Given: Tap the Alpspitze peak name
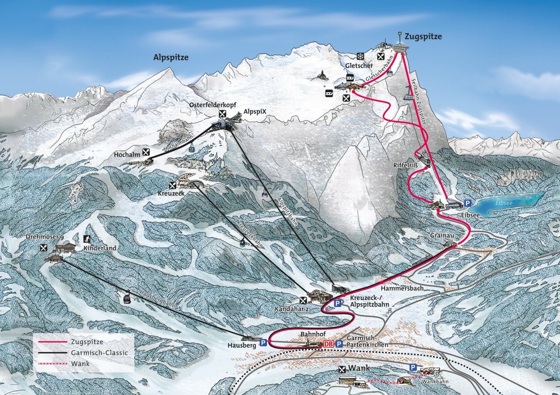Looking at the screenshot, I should pos(171,57).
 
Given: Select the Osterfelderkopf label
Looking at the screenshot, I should pos(210,105).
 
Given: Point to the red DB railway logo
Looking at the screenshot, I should pos(328,344).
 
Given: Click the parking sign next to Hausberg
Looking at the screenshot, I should pos(263,343).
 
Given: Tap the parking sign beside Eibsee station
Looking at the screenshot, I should pos(468,203).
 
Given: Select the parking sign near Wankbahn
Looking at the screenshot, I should pos(412,367).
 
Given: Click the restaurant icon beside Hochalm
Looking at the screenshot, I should pos(147,152).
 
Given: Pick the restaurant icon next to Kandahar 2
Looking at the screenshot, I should pos(304,300).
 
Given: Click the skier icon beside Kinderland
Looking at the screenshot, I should pos(87,239).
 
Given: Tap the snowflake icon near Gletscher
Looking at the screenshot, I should pos(360,56).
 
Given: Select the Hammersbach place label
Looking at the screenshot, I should pos(397,289).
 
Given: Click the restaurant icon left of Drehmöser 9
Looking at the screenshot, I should pos(43,248).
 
